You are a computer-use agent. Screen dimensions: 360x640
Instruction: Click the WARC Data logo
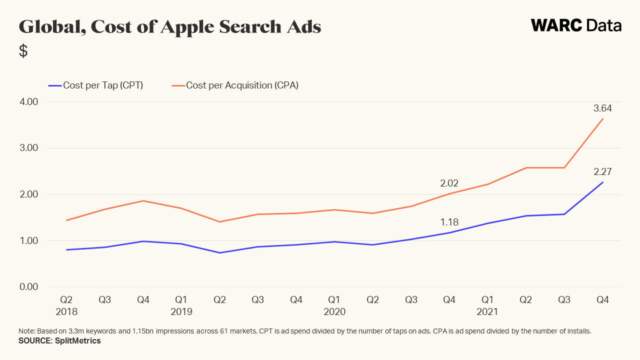pos(576,25)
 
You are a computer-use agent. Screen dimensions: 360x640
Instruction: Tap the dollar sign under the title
pos(23,50)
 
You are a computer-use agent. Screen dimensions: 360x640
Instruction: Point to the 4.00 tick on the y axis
pos(28,102)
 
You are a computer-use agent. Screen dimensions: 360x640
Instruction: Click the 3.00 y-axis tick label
pos(28,148)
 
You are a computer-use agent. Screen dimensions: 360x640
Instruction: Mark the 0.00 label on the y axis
pos(28,287)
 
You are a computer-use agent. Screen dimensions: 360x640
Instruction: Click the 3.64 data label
pos(602,108)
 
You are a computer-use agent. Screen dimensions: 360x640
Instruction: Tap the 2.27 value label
pos(602,171)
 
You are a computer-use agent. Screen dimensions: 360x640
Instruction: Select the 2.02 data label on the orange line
pos(449,183)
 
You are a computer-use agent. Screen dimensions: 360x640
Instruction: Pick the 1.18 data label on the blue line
pos(449,222)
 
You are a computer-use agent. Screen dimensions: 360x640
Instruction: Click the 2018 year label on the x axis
pos(66,311)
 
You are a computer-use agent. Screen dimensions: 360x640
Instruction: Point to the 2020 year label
pos(334,311)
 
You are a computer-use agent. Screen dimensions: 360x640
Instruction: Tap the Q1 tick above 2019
pos(181,300)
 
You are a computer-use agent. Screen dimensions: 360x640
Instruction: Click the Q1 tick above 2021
pos(487,300)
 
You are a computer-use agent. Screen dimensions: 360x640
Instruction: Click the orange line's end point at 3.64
pos(602,118)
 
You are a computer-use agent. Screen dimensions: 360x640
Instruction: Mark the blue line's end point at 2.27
pos(602,182)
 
